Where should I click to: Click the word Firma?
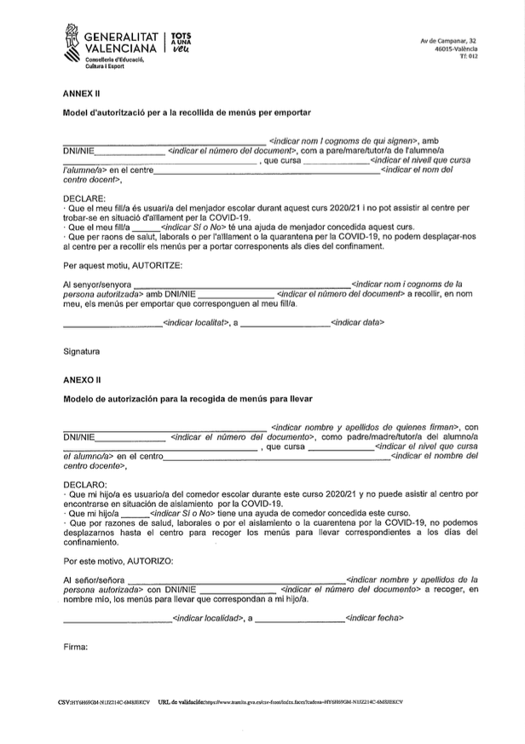point(76,647)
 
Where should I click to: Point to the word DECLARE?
point(84,198)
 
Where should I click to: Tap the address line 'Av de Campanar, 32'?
point(448,41)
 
